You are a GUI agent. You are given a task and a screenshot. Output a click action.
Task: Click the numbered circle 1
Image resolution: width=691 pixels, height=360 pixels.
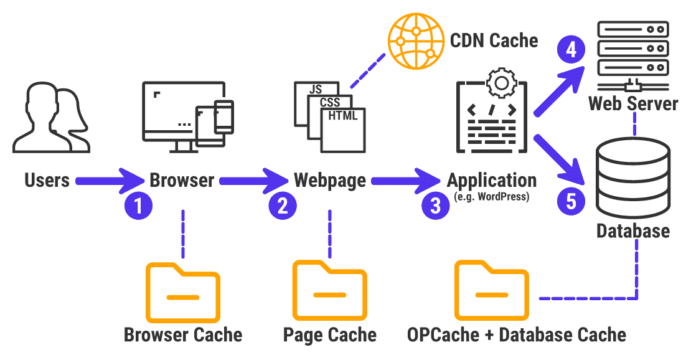tap(139, 206)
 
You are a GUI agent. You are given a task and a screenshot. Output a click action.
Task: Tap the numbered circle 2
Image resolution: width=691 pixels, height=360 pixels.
tap(283, 206)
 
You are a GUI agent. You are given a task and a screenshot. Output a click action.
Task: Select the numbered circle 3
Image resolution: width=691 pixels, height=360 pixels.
tap(435, 206)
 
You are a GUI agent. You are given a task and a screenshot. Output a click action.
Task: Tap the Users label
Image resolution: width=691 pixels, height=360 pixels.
tap(47, 181)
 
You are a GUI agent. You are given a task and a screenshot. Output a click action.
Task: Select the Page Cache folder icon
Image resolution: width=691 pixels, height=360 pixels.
tap(329, 291)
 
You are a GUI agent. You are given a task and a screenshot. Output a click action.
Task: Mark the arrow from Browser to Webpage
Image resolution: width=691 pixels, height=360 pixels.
tap(253, 181)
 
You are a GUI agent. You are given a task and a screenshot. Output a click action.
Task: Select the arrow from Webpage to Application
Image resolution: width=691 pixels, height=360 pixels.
tap(405, 181)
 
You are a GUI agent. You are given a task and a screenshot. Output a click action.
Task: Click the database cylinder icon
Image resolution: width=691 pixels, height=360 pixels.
tap(634, 177)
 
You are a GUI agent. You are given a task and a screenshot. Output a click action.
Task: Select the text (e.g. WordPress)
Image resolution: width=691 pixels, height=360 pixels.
tap(491, 198)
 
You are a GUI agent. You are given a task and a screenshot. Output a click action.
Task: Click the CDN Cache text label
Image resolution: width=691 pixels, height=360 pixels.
tap(494, 41)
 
